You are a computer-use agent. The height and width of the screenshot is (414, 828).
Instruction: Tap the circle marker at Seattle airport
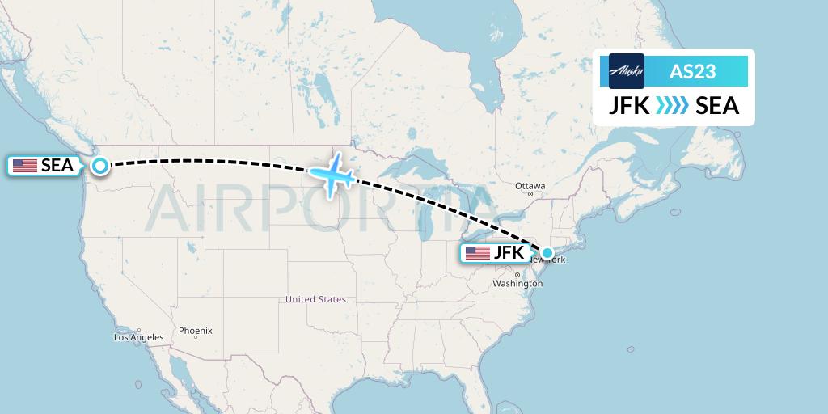click(x=99, y=166)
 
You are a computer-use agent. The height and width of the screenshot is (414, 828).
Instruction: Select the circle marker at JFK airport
click(x=547, y=253)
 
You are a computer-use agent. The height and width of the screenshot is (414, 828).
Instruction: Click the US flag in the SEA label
click(x=24, y=166)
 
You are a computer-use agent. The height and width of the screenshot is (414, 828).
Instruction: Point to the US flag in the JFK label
click(x=477, y=253)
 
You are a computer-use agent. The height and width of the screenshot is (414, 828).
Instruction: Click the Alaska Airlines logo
click(x=627, y=71)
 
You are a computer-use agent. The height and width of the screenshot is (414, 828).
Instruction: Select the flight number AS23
click(x=693, y=71)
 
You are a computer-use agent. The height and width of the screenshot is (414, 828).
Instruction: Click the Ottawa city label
click(x=530, y=186)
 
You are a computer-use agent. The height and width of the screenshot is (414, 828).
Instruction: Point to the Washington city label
click(x=517, y=284)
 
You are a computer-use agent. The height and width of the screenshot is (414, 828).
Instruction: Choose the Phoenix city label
click(x=196, y=330)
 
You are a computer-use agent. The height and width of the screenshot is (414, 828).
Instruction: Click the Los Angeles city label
click(x=138, y=337)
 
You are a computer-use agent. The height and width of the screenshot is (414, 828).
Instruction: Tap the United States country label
click(x=315, y=299)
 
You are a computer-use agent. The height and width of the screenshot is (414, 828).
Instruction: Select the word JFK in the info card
click(x=628, y=106)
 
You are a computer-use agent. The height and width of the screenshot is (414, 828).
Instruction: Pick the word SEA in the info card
click(x=717, y=106)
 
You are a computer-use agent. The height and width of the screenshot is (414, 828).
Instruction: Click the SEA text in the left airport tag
click(x=57, y=166)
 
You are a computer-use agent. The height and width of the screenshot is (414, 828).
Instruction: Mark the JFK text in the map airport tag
click(x=509, y=253)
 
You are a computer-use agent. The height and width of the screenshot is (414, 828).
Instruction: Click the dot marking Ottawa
click(x=530, y=194)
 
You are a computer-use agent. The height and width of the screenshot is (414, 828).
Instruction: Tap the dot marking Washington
click(x=517, y=276)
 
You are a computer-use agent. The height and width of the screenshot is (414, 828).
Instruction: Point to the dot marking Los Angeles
click(x=139, y=330)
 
